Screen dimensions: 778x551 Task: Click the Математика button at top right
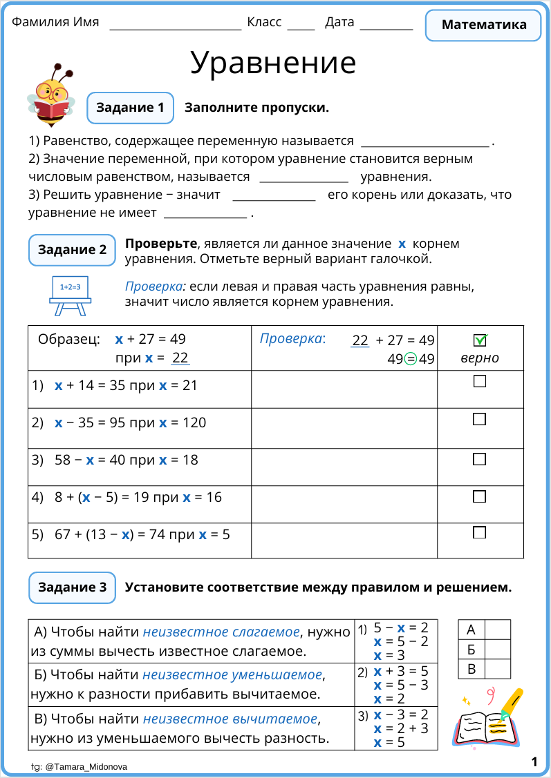483,26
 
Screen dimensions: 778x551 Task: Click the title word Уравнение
273,63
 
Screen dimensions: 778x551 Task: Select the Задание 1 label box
130,108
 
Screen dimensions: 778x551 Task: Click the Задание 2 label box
72,250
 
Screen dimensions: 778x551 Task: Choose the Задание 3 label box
72,587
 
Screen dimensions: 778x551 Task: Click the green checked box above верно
480,340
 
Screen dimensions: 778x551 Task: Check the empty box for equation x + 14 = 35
479,381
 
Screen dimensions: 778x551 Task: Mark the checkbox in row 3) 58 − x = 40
479,459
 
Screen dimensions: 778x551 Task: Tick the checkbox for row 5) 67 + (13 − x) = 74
479,532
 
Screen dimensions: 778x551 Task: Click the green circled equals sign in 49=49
410,359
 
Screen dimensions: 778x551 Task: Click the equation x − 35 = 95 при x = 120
130,422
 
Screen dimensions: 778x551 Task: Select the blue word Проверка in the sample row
291,339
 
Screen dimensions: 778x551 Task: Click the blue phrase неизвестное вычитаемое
230,719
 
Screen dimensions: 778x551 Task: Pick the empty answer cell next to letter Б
497,650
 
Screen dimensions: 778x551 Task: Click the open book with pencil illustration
487,719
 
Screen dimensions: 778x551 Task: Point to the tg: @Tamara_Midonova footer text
79,766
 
